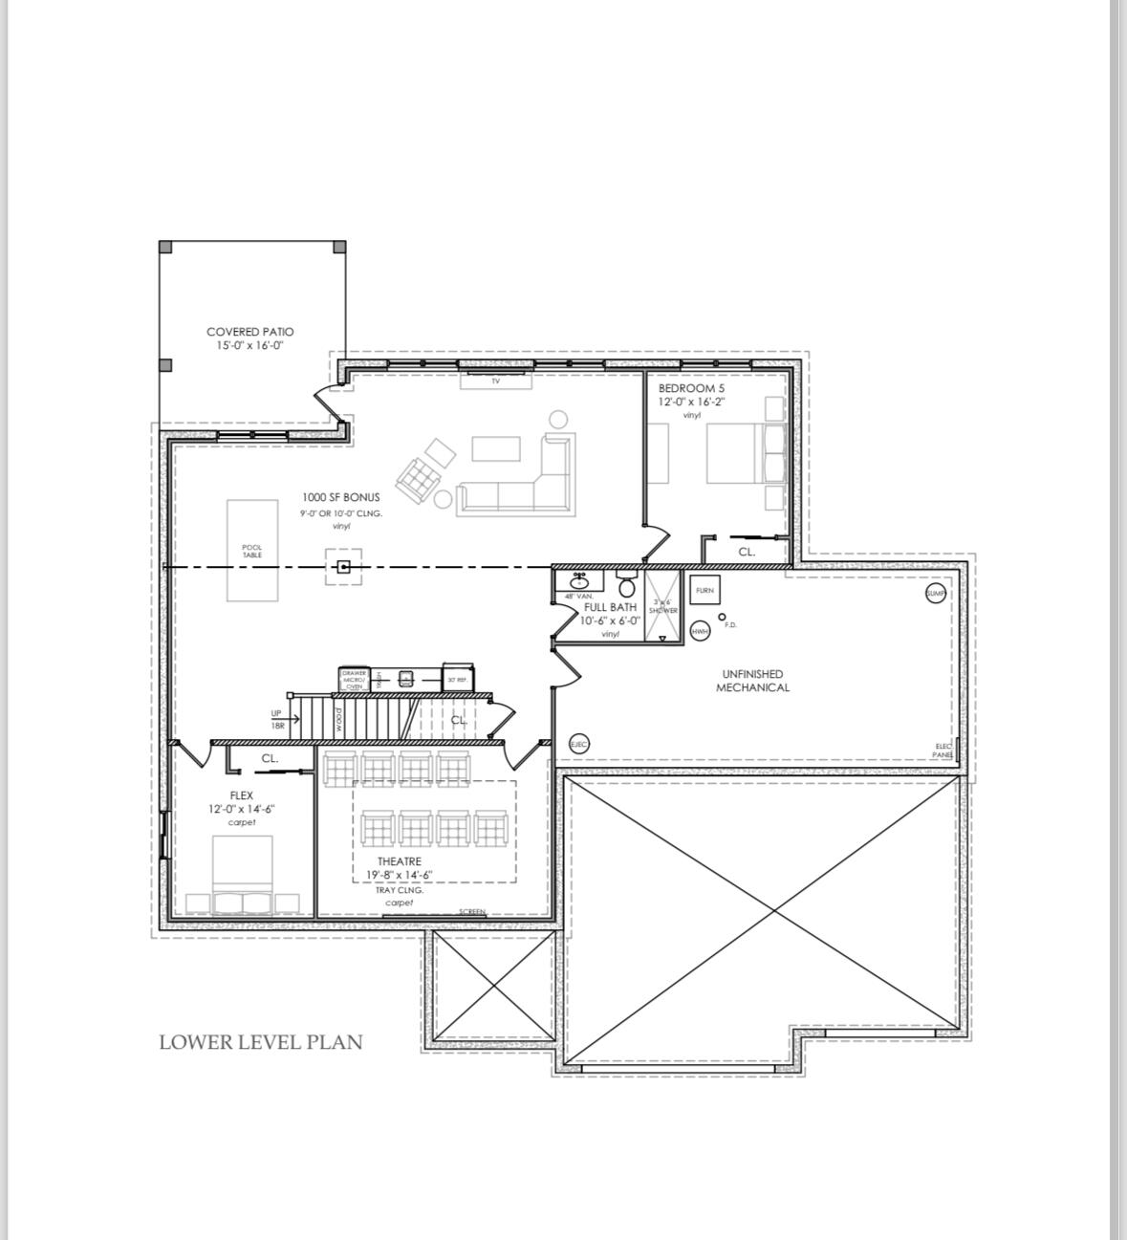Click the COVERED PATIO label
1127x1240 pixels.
tap(249, 332)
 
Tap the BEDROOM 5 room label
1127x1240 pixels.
tap(691, 389)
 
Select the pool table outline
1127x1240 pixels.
tap(252, 551)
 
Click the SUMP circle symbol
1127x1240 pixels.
tap(936, 594)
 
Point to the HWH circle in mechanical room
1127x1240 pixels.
tap(700, 631)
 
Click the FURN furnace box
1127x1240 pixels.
tap(704, 591)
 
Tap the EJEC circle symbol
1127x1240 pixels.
tap(578, 744)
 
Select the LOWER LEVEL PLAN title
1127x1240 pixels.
tap(261, 1042)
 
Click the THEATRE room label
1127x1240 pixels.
tap(399, 861)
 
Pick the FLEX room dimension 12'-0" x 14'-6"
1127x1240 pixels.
tap(242, 809)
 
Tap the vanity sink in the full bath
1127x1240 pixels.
tap(579, 581)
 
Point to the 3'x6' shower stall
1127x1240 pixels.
tap(662, 606)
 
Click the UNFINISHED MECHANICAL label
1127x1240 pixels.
tap(752, 681)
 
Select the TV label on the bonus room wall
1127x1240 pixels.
tap(495, 381)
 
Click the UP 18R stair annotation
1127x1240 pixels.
tap(276, 719)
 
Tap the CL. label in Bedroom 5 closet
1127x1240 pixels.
tap(747, 552)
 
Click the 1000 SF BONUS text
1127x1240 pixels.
tap(340, 497)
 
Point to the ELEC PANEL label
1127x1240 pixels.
tap(943, 750)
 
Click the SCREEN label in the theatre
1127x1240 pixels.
tap(472, 912)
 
